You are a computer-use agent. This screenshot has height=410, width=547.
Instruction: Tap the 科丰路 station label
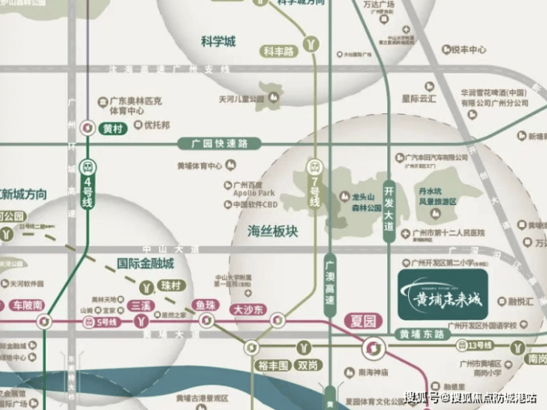coord(279,51)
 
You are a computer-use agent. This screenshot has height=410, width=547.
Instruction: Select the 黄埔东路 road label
coord(422,334)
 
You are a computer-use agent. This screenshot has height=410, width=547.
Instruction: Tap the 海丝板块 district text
coord(272,232)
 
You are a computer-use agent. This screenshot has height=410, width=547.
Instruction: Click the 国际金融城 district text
coord(146,263)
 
